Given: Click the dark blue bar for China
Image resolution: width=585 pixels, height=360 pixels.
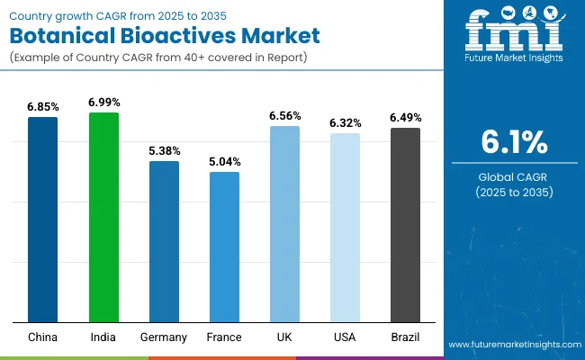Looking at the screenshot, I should (x=42, y=220).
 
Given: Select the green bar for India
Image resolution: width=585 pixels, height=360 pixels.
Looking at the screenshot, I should (x=103, y=217).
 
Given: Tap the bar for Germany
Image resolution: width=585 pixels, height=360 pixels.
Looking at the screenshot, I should (x=164, y=241).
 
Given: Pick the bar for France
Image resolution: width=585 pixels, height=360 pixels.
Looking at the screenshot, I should (x=224, y=247).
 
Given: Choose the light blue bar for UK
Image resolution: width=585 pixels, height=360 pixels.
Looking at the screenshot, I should (x=284, y=224).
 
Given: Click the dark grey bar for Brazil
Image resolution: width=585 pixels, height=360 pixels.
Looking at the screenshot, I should (x=405, y=225).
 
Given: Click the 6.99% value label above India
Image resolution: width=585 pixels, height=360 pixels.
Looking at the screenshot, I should (x=103, y=103).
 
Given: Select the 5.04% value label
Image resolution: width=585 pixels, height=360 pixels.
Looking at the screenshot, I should (x=224, y=162).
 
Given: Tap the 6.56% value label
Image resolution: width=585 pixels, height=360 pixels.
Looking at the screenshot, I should (x=284, y=116).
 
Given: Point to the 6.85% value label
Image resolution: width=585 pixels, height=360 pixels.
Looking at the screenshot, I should (x=42, y=107).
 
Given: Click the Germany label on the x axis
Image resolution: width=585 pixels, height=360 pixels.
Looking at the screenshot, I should (x=164, y=337).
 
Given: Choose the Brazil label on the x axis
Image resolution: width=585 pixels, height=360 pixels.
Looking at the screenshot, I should (x=405, y=337).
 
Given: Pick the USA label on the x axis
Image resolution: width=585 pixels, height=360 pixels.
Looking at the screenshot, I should (x=345, y=337).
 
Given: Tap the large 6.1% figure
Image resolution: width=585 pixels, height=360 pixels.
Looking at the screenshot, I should (x=515, y=142).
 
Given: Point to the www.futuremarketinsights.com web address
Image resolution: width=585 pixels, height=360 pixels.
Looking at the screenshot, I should (x=513, y=345).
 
